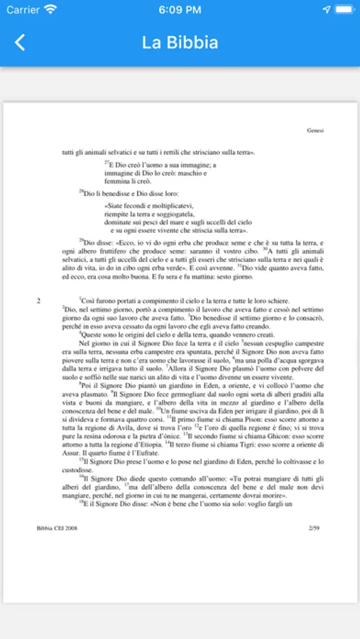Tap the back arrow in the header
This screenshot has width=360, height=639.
20,43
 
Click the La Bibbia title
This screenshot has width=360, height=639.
180,43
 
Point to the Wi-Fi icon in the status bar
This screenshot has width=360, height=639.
50,10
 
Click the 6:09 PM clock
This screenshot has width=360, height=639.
180,10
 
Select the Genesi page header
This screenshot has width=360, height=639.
315,131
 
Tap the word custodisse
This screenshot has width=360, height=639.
77,470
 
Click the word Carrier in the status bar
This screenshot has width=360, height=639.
22,10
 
